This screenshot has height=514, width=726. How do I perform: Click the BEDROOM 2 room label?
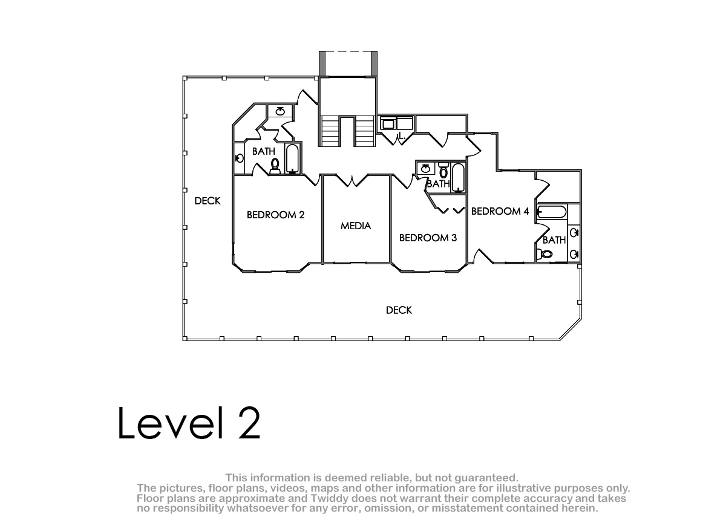(x=275, y=215)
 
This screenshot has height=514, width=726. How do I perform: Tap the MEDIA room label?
(x=356, y=226)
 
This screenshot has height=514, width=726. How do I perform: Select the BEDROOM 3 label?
(x=428, y=238)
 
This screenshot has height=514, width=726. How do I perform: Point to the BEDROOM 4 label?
(x=500, y=211)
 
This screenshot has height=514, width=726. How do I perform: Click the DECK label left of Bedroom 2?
(x=208, y=201)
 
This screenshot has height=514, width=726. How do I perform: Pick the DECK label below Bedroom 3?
(x=399, y=310)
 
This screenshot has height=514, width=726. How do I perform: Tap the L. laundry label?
(x=402, y=135)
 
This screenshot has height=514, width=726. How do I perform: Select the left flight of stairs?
(x=330, y=131)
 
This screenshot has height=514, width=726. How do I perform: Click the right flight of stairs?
(x=365, y=131)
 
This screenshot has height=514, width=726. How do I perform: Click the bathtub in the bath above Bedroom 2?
(x=292, y=159)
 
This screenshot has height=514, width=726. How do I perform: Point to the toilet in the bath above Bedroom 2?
(x=275, y=166)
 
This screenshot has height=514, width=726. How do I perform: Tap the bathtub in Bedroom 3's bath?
(x=458, y=178)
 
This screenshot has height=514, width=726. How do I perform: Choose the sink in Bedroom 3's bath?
(x=425, y=169)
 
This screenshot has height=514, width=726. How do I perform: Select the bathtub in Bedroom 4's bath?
(x=552, y=212)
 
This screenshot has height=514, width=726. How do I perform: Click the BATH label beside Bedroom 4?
(x=554, y=240)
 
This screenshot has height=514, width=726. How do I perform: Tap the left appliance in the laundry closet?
(x=388, y=124)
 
